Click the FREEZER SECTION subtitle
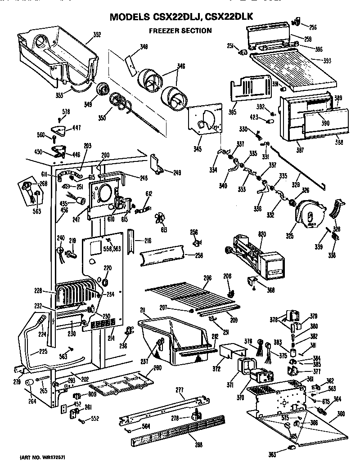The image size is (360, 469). [x=180, y=31]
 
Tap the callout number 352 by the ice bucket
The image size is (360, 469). [x=97, y=34]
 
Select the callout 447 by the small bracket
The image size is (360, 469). [x=76, y=128]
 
